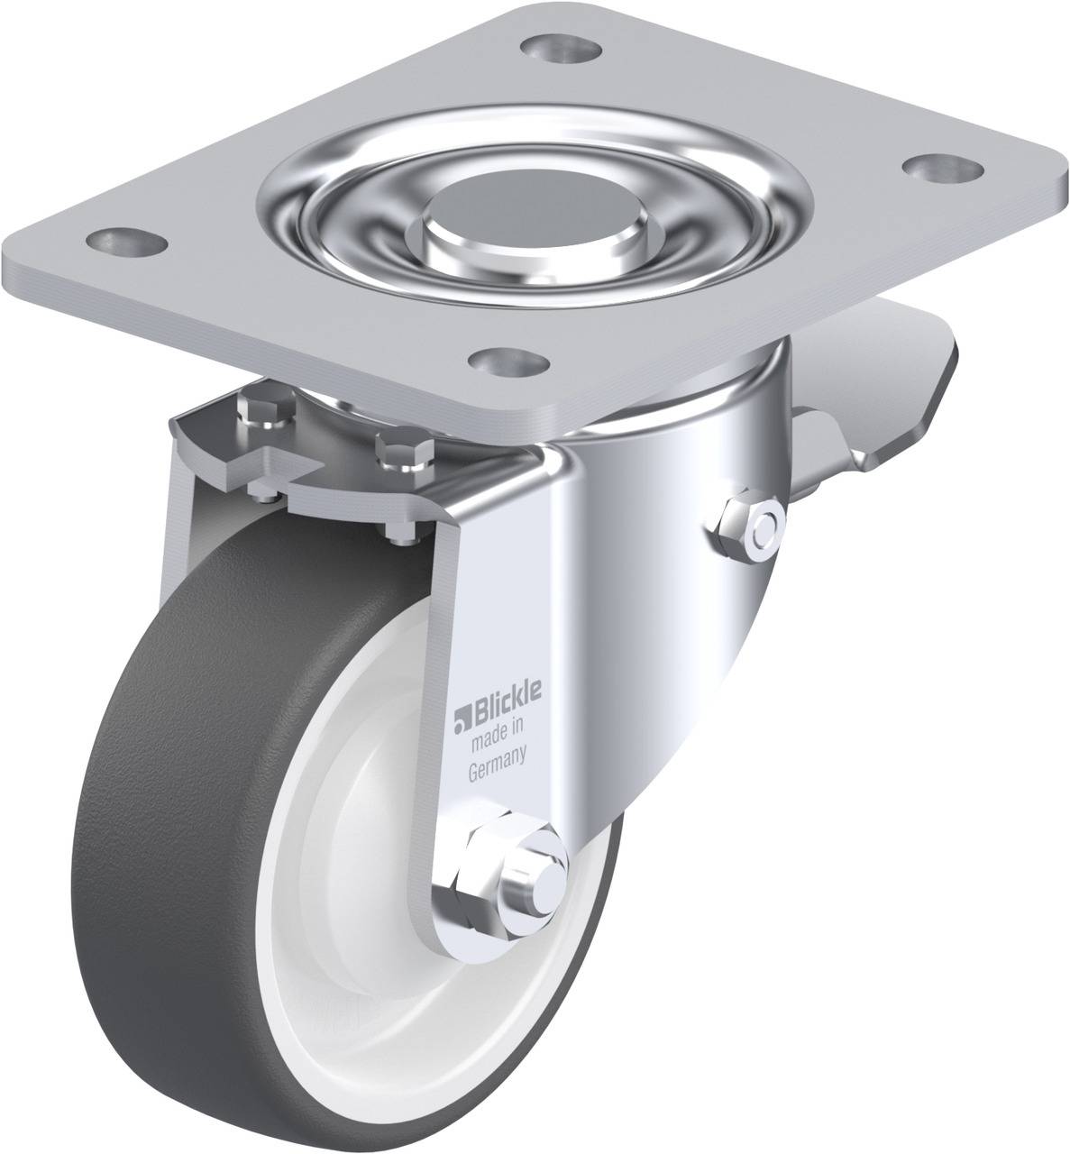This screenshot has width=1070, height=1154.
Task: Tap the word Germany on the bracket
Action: point(498,764)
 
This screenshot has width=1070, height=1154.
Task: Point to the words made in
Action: point(498,736)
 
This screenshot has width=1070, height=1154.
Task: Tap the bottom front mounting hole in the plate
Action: point(509,362)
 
